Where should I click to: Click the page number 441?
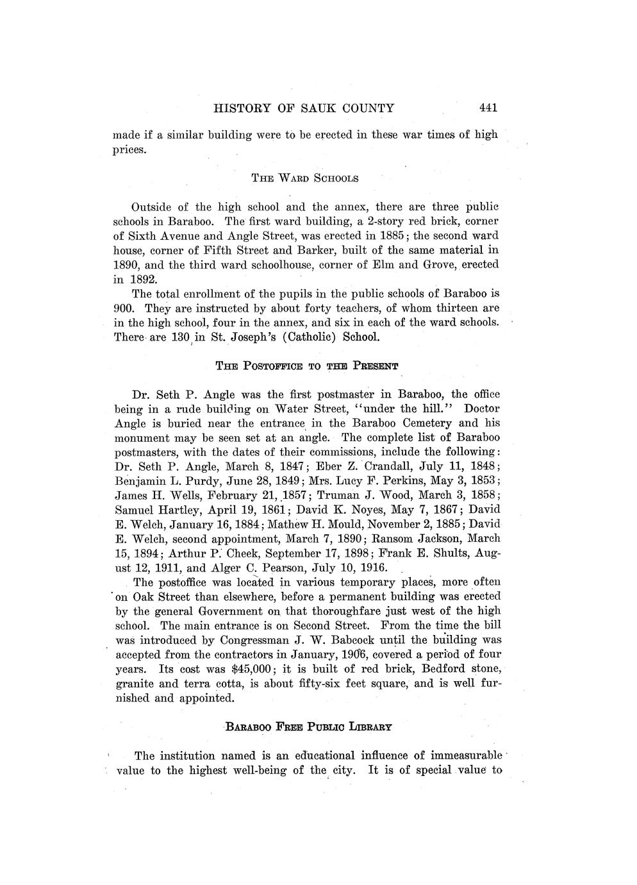pos(488,108)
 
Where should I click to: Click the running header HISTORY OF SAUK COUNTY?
pos(303,108)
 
